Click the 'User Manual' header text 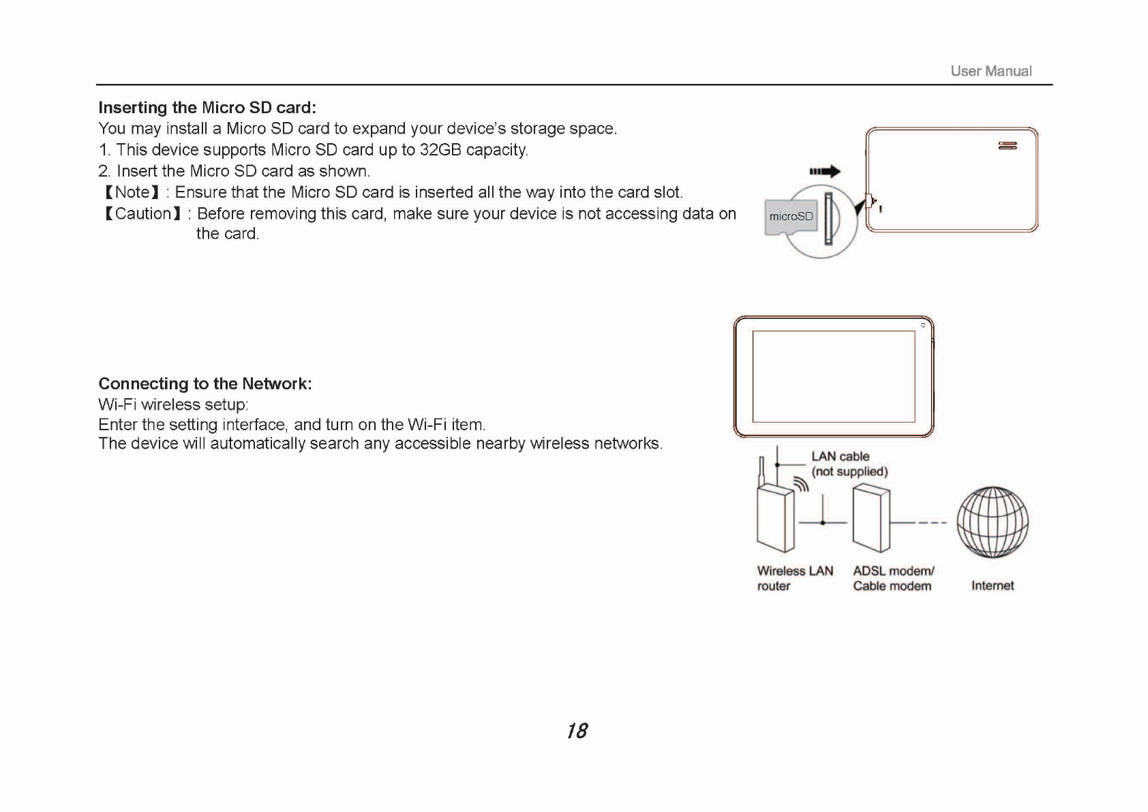click(991, 71)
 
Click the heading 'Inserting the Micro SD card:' click(207, 108)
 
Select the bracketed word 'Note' click(132, 192)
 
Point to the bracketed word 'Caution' click(143, 213)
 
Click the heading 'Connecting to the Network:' click(205, 384)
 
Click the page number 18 click(577, 731)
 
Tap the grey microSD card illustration click(791, 217)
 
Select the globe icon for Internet click(993, 522)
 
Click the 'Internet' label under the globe click(993, 586)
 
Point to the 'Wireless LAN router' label click(795, 578)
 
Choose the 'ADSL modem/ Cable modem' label click(893, 578)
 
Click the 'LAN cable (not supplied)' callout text click(849, 464)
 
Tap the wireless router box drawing click(776, 518)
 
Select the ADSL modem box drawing click(872, 518)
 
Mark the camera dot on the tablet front click(923, 325)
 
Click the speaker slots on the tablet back click(1008, 145)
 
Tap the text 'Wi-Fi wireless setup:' click(173, 405)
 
